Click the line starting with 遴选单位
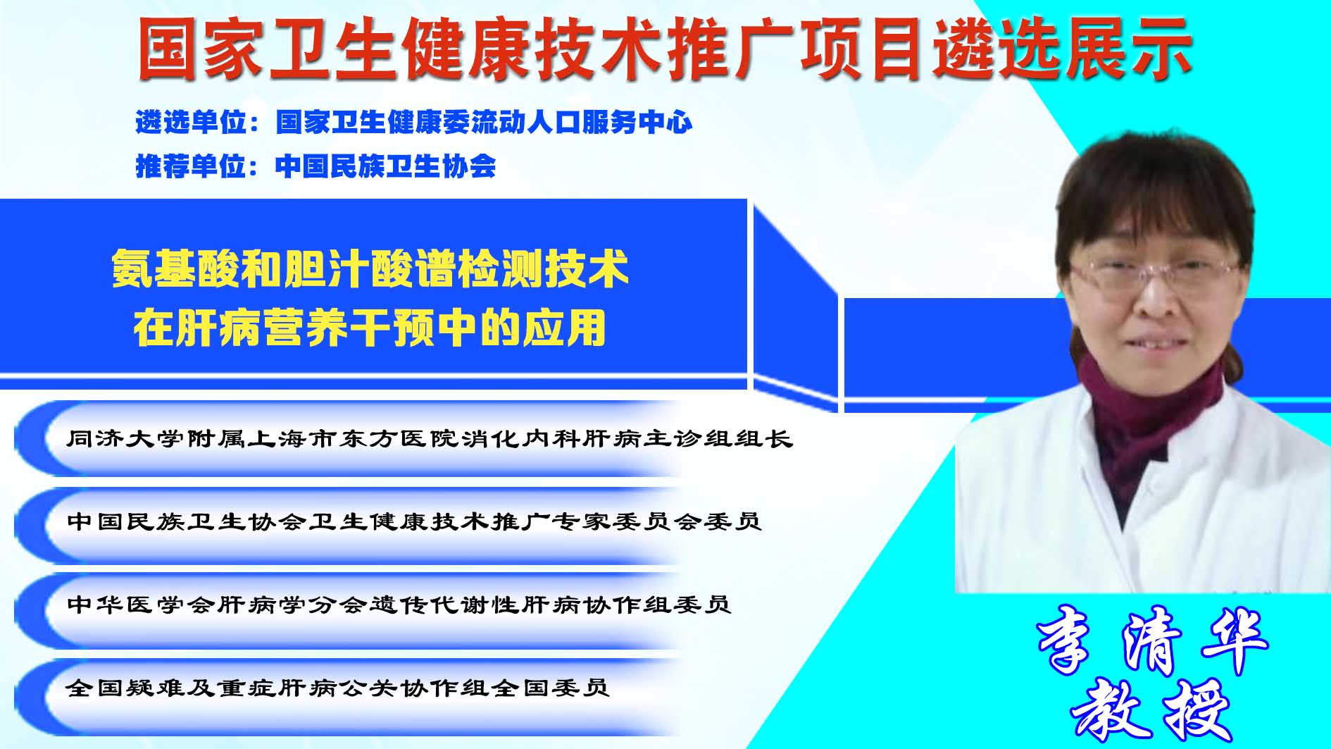coord(414,123)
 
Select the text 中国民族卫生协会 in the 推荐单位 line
coord(386,166)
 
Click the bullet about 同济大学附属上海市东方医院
coord(430,439)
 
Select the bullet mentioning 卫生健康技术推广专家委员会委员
coord(414,521)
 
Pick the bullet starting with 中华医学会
coord(399,605)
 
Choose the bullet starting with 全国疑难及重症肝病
coord(337,687)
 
